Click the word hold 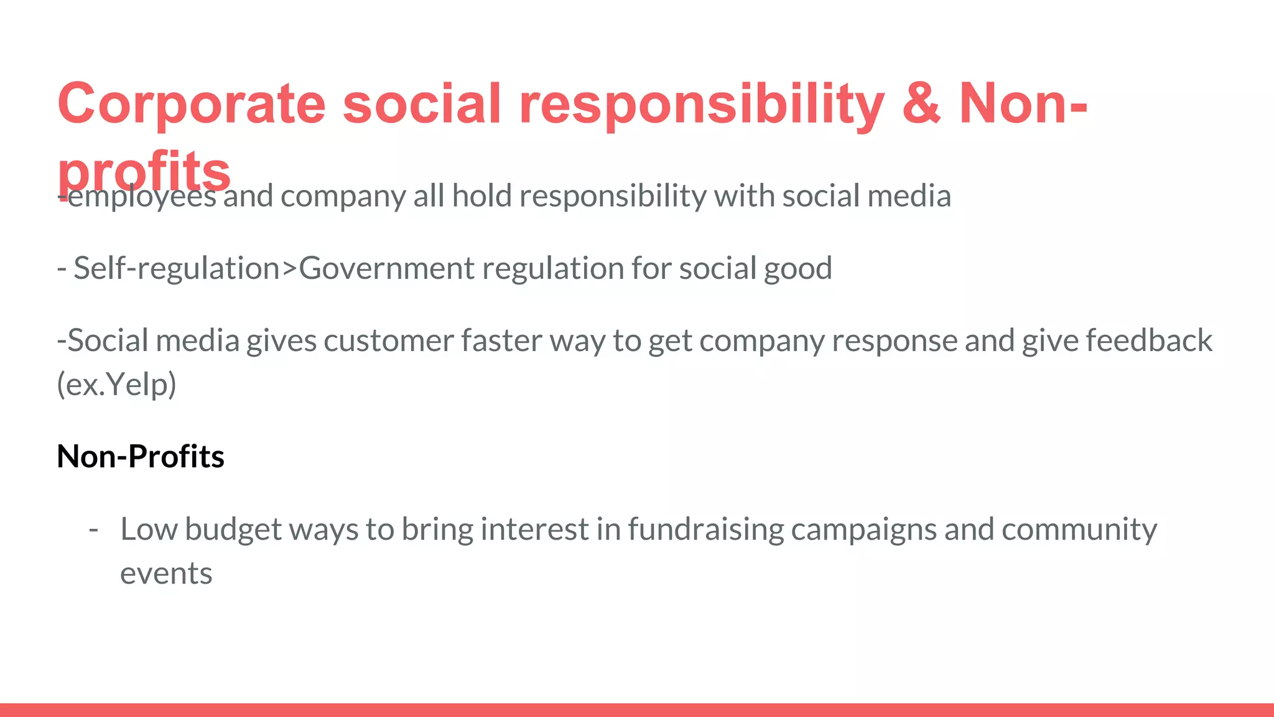click(481, 197)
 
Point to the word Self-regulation click(177, 269)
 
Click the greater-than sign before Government click(290, 269)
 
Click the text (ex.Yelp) click(117, 385)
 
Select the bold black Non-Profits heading click(141, 457)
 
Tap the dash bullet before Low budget click(93, 530)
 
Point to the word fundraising click(705, 530)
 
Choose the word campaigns click(863, 530)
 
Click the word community click(1079, 530)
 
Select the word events click(166, 574)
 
